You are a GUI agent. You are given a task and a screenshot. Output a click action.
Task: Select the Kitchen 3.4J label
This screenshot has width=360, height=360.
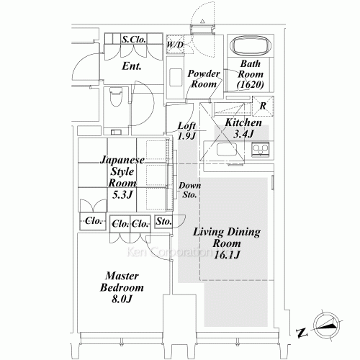(238, 127)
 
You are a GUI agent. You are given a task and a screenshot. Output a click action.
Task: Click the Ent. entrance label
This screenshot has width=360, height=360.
(131, 66)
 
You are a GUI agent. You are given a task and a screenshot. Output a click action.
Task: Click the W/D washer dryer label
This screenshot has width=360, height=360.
(174, 45)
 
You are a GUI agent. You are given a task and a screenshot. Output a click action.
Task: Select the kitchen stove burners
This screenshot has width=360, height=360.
(260, 150)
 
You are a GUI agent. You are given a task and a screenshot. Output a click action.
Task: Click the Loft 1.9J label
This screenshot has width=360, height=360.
(186, 130)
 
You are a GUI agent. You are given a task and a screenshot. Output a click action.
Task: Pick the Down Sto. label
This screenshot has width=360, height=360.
(190, 190)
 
